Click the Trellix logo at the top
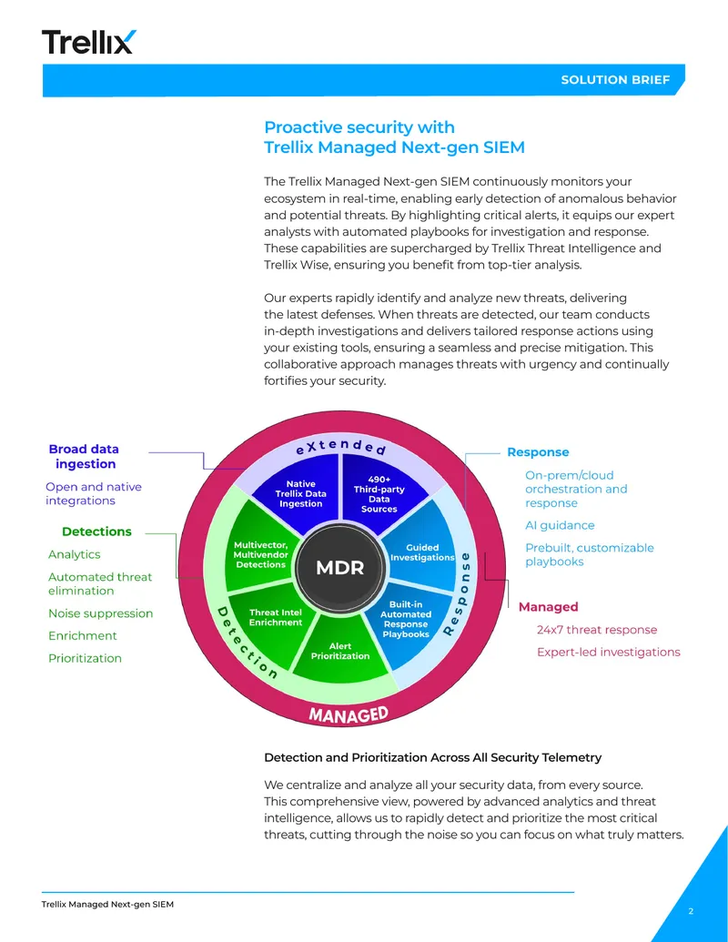[x=89, y=42]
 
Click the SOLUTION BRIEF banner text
[x=615, y=80]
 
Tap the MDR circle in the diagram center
[x=340, y=568]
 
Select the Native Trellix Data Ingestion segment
[x=300, y=493]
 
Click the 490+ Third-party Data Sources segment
[x=379, y=494]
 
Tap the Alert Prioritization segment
[x=340, y=652]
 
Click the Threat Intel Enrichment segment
[x=276, y=618]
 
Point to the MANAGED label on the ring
[x=349, y=714]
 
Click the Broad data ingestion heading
[x=84, y=456]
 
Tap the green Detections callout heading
[x=96, y=532]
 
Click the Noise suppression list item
[x=100, y=613]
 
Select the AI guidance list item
[x=560, y=526]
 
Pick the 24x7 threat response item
[x=597, y=630]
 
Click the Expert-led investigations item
[x=609, y=653]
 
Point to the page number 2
[x=691, y=911]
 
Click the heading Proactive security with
[x=359, y=127]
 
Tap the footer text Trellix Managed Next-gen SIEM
[x=107, y=904]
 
